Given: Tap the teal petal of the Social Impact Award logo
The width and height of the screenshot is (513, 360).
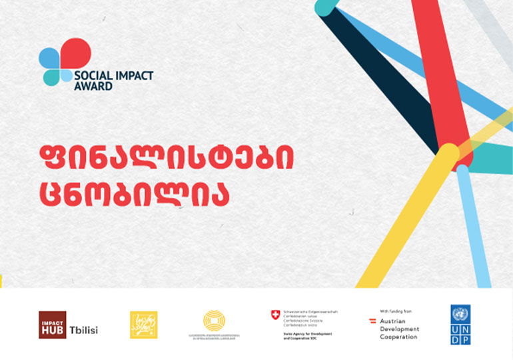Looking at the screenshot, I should (x=51, y=77).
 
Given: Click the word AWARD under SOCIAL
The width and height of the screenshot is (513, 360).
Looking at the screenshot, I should (x=93, y=86).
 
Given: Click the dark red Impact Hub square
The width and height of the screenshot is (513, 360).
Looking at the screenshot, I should (x=52, y=325).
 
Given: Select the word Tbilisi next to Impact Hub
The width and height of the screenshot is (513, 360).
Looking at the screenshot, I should (x=84, y=331).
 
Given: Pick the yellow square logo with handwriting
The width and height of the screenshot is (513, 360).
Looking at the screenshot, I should (x=143, y=325).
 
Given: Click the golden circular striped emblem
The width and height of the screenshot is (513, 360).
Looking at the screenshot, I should (x=213, y=320).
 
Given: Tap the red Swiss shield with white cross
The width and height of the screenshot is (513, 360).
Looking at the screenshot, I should (x=275, y=314).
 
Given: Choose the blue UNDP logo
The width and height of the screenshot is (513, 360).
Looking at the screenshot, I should (x=460, y=325).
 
